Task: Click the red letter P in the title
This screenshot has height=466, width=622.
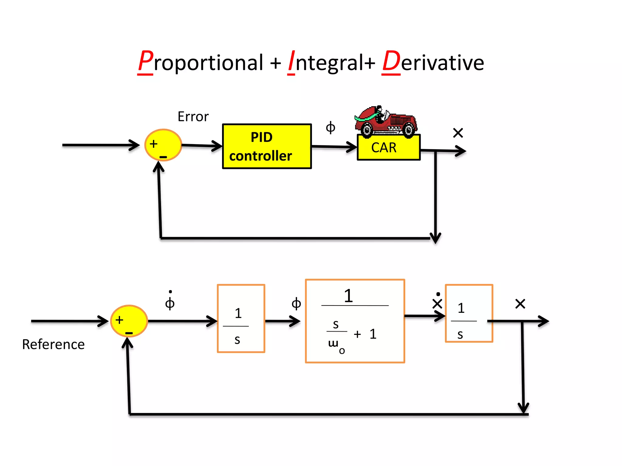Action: coord(145,62)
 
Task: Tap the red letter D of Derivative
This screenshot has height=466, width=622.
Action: coord(391,62)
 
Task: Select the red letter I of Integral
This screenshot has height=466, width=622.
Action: coord(292,62)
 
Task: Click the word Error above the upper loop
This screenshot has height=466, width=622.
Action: coord(193,117)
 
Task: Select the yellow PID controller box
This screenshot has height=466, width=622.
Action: coord(267,146)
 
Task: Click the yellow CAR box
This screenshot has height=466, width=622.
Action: coord(388,147)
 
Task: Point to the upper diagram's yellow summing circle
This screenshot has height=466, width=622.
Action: coord(163,145)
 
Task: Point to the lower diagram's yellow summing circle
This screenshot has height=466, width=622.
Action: coord(129,321)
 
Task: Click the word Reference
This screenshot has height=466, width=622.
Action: coord(53,345)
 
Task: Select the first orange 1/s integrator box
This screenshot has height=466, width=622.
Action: coord(241,319)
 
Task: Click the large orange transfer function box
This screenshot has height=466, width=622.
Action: coord(355,321)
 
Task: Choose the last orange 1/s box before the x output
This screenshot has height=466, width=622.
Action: coord(469,313)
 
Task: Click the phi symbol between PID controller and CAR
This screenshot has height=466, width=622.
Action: coord(330,127)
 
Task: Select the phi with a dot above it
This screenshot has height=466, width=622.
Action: coord(170,301)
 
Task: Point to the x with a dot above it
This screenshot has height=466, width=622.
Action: coord(437,302)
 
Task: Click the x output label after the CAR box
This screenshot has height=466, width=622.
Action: coord(458,133)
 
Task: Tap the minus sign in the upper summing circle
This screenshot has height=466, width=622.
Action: coord(163,157)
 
